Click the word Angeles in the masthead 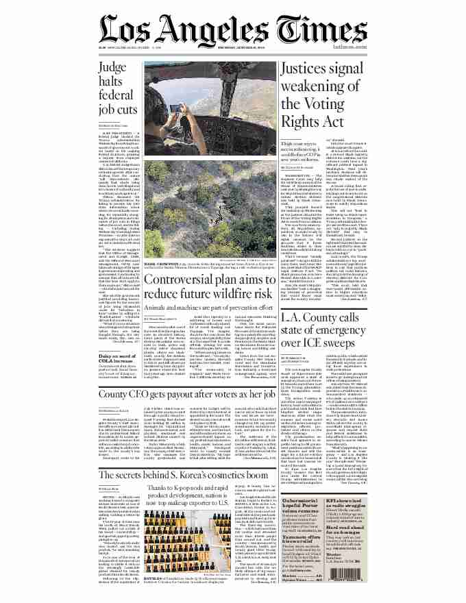click(x=225, y=30)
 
